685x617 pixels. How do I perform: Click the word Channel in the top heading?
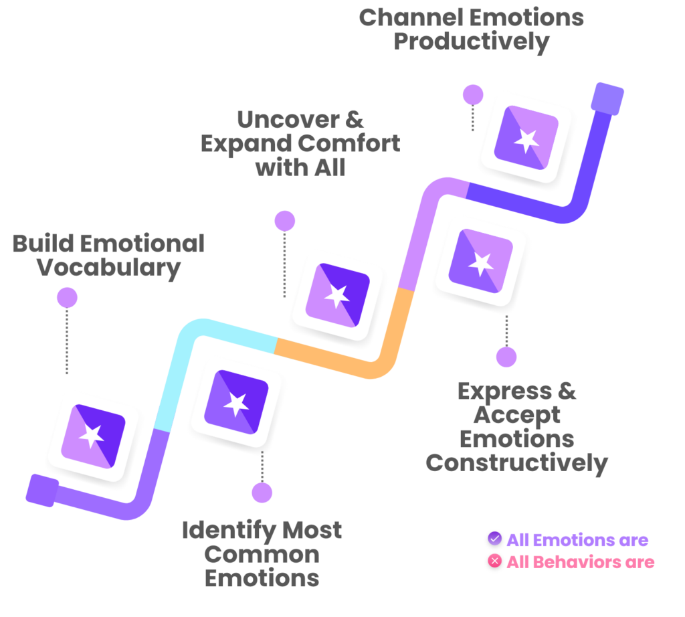click(x=411, y=18)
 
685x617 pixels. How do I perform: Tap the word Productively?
click(x=472, y=43)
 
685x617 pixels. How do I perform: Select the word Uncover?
click(x=288, y=120)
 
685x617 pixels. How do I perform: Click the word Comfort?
click(x=349, y=143)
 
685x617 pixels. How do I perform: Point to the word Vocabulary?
click(x=108, y=268)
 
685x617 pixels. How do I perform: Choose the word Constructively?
click(x=517, y=464)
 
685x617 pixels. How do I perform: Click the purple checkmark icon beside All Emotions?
click(x=494, y=538)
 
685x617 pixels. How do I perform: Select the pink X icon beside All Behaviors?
click(x=494, y=561)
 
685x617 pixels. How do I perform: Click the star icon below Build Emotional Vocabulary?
click(x=92, y=436)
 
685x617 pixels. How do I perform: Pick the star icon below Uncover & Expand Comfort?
click(x=337, y=295)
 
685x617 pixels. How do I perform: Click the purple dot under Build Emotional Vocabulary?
click(x=68, y=298)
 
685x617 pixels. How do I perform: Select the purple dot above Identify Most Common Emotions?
click(x=262, y=493)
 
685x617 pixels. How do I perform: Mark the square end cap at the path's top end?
click(x=607, y=99)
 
